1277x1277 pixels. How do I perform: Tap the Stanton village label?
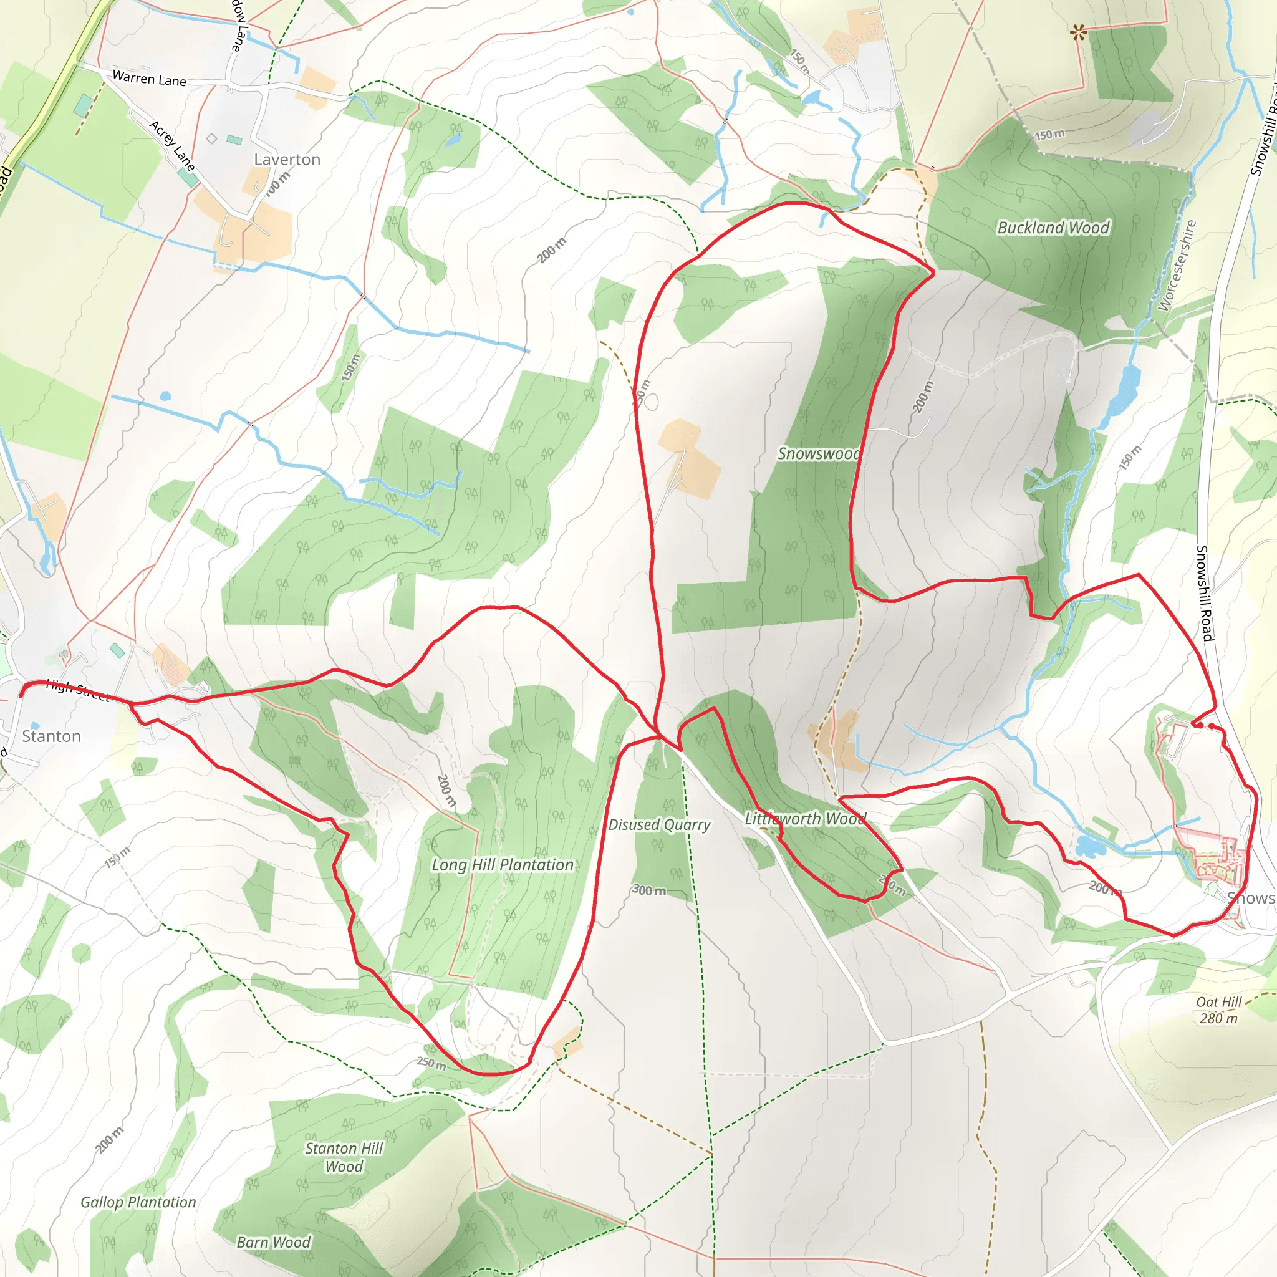[52, 736]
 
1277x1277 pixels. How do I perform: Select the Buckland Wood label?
[1053, 228]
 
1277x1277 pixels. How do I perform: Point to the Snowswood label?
[818, 453]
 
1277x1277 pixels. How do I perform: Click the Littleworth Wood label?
[805, 818]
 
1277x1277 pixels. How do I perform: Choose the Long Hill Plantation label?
[503, 865]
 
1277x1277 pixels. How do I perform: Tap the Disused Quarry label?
[659, 824]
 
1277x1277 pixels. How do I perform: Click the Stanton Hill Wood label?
[344, 1157]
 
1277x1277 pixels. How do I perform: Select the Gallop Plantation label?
[138, 1202]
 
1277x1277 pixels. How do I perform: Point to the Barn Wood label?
[274, 1242]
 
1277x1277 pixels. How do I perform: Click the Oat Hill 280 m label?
[1219, 1010]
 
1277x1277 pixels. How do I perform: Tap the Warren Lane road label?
[150, 79]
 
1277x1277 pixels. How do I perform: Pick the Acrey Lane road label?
[173, 145]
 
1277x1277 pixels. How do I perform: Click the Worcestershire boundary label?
[1177, 265]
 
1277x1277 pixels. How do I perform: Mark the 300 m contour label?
[650, 890]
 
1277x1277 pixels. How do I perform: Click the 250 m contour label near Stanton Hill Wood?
[431, 1063]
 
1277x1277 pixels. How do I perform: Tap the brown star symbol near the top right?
[1079, 31]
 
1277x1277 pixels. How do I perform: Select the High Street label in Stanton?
[77, 691]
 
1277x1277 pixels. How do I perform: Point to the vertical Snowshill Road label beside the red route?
[1205, 593]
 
